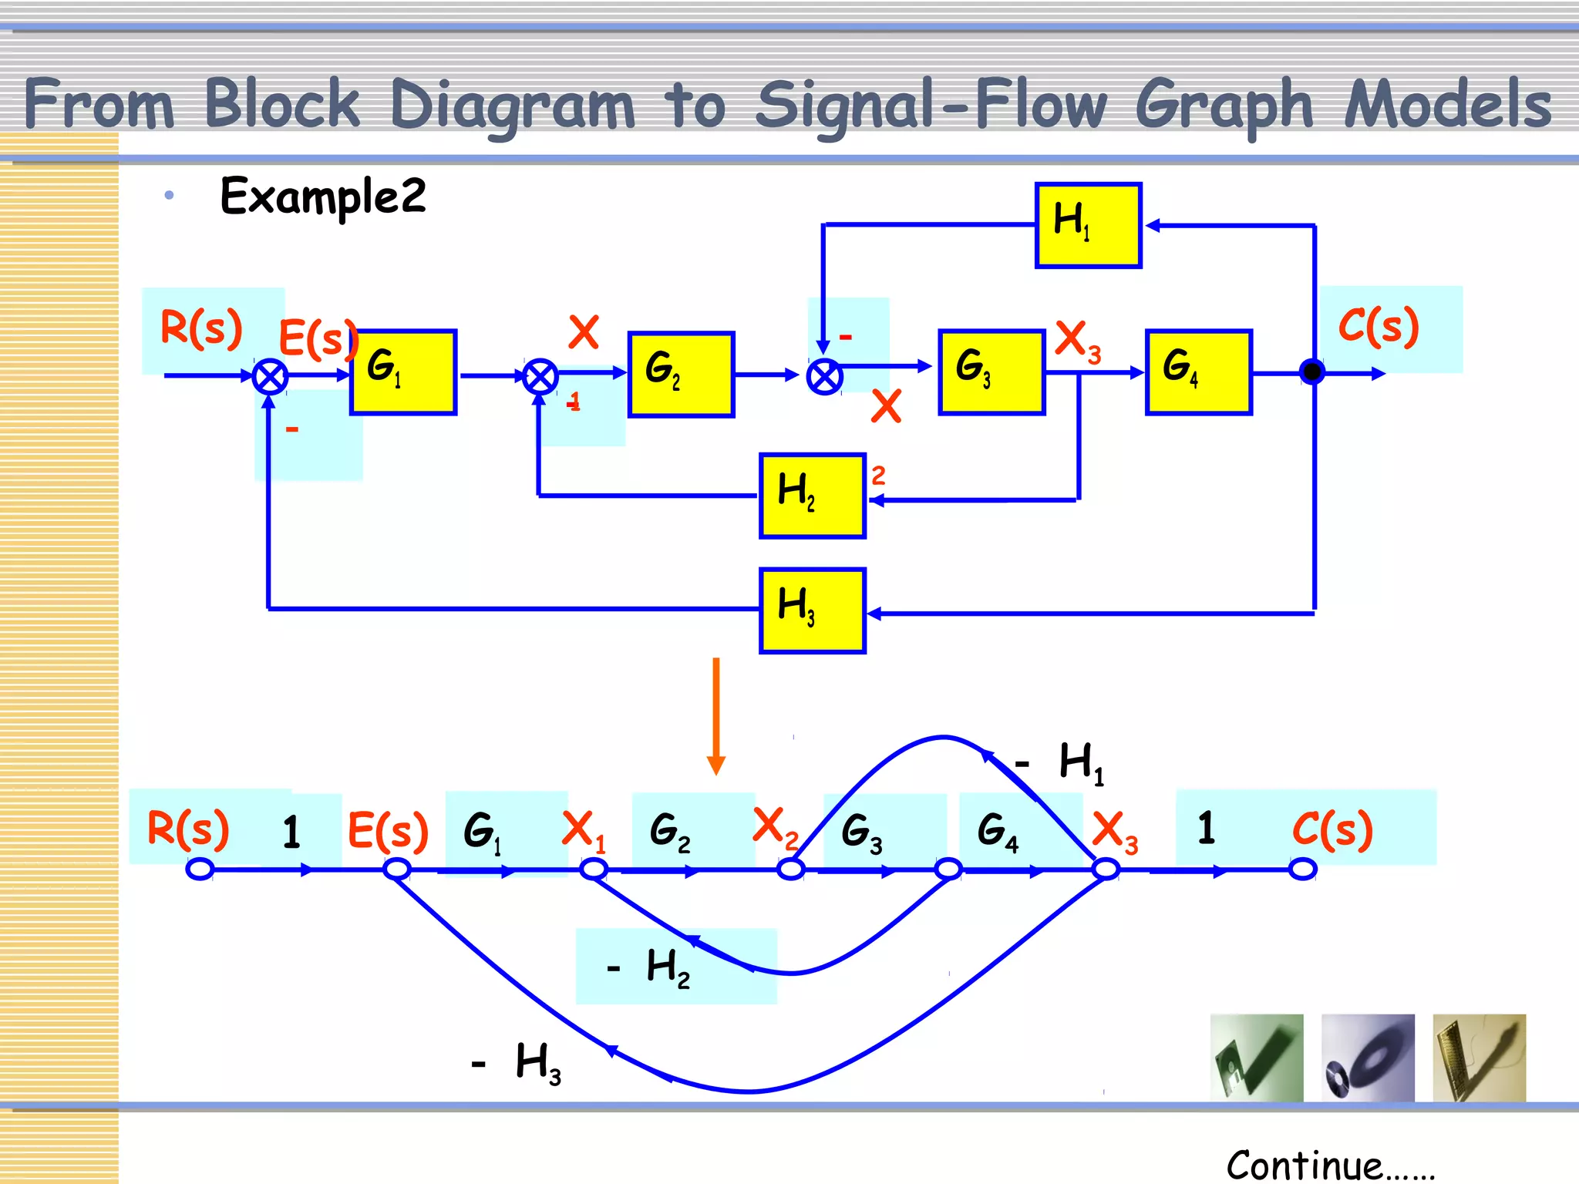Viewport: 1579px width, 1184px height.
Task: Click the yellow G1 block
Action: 403,372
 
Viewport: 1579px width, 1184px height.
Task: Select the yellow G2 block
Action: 681,375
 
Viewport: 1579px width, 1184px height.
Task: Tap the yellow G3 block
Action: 992,372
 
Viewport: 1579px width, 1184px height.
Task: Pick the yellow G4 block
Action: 1198,372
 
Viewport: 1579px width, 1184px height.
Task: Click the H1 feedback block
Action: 1088,225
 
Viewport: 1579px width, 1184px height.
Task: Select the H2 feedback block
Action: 813,496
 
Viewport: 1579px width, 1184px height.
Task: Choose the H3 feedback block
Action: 813,610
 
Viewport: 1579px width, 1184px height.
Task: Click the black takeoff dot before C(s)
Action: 1311,372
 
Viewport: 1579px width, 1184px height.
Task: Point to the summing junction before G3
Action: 824,378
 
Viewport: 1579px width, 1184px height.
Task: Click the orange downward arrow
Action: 716,717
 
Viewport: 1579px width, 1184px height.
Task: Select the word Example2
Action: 322,197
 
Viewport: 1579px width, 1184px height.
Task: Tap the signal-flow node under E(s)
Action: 396,869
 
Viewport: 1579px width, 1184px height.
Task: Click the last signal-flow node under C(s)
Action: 1302,869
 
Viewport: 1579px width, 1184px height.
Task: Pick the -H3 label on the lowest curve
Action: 517,1063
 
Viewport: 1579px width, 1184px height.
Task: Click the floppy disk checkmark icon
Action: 1257,1058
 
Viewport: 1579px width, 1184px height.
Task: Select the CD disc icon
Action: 1368,1058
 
